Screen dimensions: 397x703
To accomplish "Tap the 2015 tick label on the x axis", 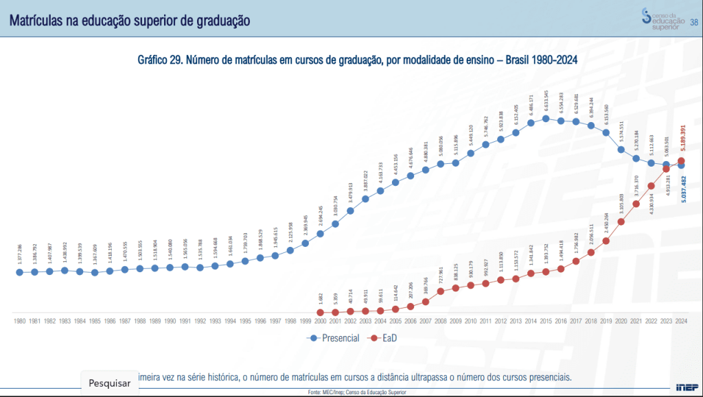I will (546, 320).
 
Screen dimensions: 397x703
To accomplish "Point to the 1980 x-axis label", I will (20, 320).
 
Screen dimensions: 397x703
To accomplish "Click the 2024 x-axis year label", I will (681, 320).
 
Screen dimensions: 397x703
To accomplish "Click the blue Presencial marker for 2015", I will (546, 119).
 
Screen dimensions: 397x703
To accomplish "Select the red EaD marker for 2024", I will (681, 161).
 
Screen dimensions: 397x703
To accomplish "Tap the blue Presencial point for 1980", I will (20, 272).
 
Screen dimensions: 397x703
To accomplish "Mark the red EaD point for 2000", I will (321, 312).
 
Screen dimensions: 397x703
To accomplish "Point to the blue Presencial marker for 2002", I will (351, 210).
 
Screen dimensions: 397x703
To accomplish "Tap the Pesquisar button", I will (110, 383).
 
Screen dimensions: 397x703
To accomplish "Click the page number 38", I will (693, 22).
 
